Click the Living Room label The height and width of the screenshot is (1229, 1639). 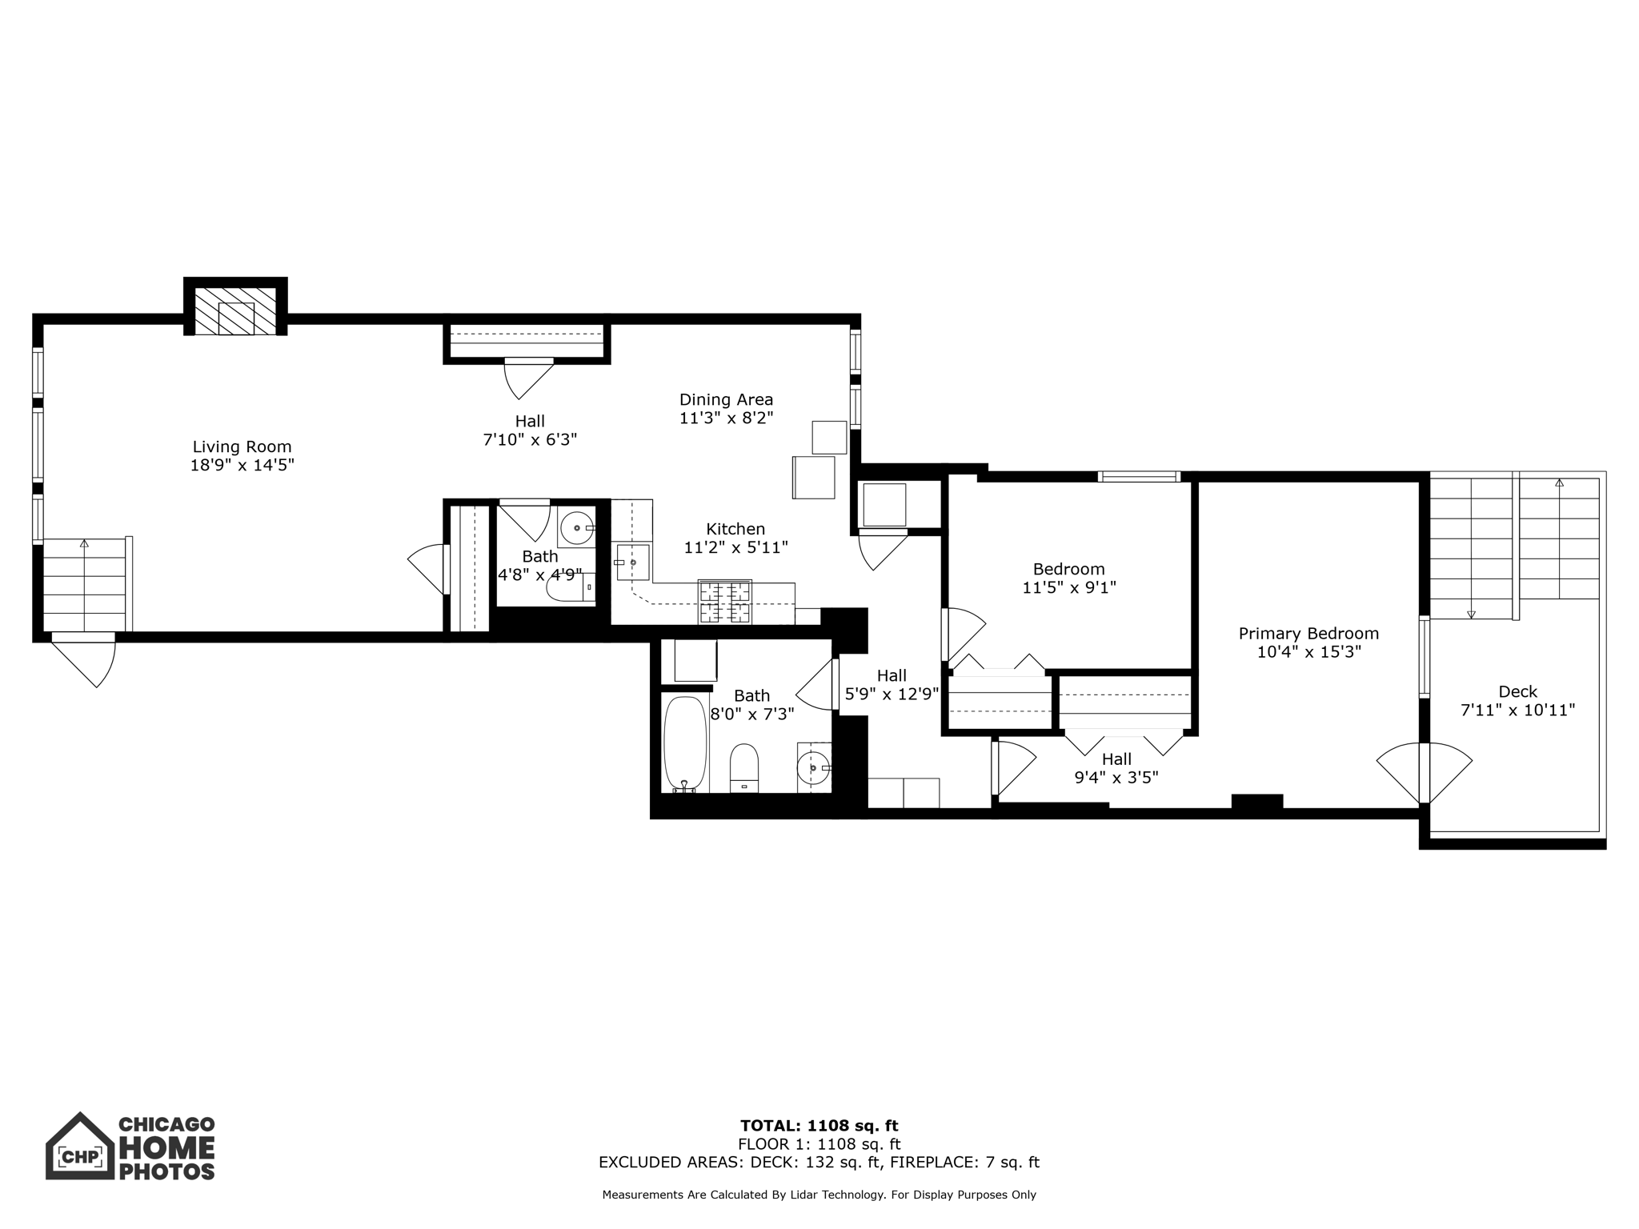coord(242,446)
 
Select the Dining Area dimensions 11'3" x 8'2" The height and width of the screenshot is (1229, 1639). coord(726,418)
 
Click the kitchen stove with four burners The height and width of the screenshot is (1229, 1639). coord(725,602)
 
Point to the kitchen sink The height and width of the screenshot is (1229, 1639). coord(632,562)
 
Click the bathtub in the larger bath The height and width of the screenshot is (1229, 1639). coord(685,744)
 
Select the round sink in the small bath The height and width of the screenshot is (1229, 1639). coord(576,528)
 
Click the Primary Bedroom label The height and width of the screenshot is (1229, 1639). coord(1308,634)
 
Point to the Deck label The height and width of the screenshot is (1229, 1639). coord(1517,691)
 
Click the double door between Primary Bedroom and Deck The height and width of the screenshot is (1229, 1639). coord(1425,773)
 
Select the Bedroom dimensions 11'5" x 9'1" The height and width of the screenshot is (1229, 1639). coord(1068,587)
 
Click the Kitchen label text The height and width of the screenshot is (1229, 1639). coord(735,529)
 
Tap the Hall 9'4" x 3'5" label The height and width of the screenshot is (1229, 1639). coord(1116,768)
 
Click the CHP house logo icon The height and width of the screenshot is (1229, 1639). coord(80,1148)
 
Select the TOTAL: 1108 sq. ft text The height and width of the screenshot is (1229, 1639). coord(819,1127)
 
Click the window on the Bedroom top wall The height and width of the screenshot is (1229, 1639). coord(1139,477)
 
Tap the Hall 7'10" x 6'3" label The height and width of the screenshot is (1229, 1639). coord(530,430)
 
